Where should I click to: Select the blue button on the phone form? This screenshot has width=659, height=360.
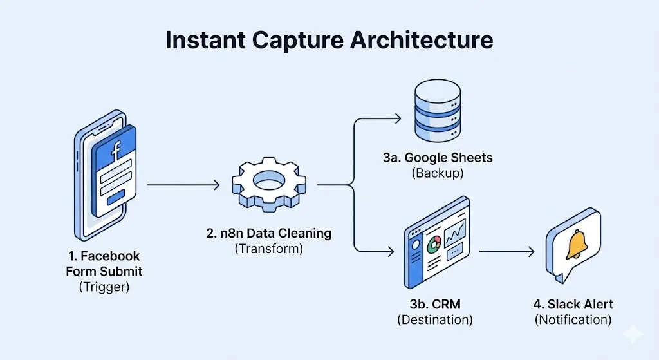pyautogui.click(x=116, y=200)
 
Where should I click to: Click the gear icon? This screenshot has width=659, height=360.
pyautogui.click(x=268, y=185)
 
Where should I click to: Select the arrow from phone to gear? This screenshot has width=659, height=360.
pyautogui.click(x=183, y=185)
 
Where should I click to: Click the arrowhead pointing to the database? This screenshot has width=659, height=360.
pyautogui.click(x=396, y=118)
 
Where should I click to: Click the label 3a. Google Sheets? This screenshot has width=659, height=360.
pyautogui.click(x=435, y=158)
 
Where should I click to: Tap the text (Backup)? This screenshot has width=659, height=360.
pyautogui.click(x=435, y=173)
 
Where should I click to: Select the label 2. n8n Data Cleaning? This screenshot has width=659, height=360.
pyautogui.click(x=269, y=233)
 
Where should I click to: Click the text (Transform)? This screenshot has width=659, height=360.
pyautogui.click(x=269, y=249)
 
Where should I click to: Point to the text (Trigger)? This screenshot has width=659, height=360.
pyautogui.click(x=104, y=287)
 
